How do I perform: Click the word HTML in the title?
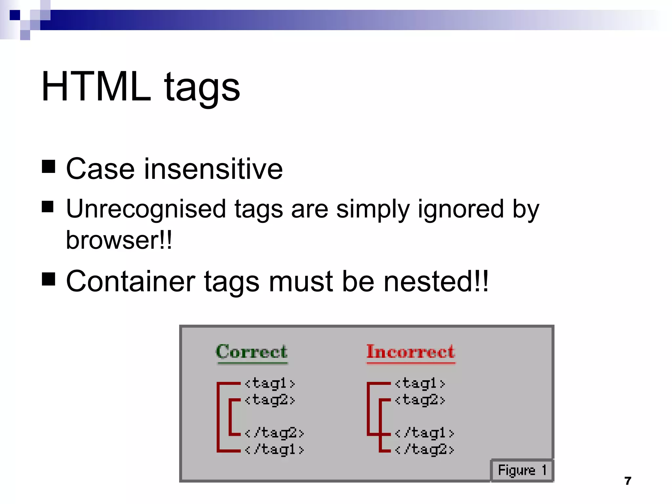(96, 87)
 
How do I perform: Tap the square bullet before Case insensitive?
(49, 166)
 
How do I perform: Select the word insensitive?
(213, 169)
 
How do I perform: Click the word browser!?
(119, 240)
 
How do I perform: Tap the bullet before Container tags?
(49, 279)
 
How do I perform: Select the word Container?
(131, 282)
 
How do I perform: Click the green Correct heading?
(252, 352)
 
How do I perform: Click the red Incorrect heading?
(410, 352)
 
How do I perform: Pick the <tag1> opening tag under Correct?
(270, 383)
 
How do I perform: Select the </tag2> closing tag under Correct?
(274, 433)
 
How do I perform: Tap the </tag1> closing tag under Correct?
(274, 449)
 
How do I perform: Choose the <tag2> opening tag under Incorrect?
(420, 400)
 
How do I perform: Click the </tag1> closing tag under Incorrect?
(424, 433)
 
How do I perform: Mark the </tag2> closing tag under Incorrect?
(424, 449)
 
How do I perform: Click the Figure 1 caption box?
(522, 470)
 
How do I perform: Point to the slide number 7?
(628, 481)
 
